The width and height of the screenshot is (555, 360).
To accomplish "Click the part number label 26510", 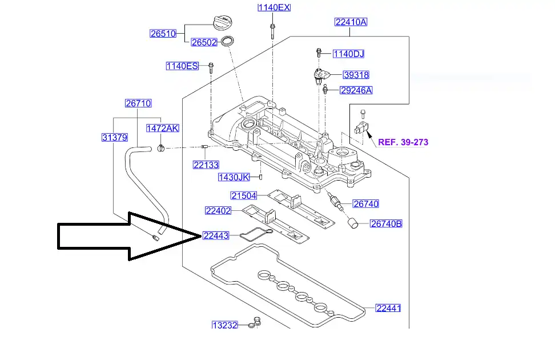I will pos(163,33).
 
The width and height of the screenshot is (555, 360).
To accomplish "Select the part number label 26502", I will pos(204,42).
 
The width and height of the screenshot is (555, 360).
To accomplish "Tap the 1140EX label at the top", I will pos(274,7).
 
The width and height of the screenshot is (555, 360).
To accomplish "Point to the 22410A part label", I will pos(351,22).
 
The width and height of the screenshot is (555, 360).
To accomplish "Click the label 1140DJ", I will pos(348,54).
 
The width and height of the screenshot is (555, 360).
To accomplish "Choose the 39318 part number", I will pos(356,75).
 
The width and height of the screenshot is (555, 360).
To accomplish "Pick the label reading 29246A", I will pos(356,90).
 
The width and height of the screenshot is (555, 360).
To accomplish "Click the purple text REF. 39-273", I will pos(403,142).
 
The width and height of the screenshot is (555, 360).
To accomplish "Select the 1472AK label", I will pos(163,128).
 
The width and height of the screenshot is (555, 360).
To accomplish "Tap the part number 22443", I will pos(216,235).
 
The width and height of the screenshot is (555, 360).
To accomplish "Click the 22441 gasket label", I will pos(388,308).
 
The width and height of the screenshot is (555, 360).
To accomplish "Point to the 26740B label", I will pos(387,223).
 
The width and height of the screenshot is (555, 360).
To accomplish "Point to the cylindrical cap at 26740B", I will pos(355,222).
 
